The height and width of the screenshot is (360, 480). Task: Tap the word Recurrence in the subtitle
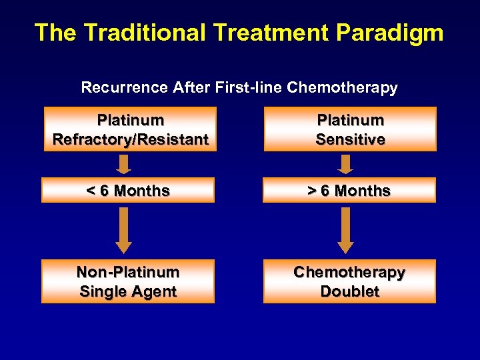pyautogui.click(x=124, y=87)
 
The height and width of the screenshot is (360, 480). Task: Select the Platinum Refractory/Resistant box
pyautogui.click(x=130, y=129)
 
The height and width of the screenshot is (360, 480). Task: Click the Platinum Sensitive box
pyautogui.click(x=350, y=129)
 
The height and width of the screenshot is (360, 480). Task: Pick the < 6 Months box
pyautogui.click(x=128, y=191)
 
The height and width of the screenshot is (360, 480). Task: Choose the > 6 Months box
pyautogui.click(x=349, y=191)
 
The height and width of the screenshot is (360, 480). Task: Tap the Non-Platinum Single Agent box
pyautogui.click(x=128, y=281)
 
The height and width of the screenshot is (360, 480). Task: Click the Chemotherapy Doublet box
pyautogui.click(x=349, y=281)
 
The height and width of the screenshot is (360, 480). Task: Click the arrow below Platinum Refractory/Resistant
pyautogui.click(x=124, y=163)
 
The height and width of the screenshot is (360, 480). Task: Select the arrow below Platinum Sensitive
pyautogui.click(x=345, y=163)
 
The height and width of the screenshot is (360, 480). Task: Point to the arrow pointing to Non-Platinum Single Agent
pyautogui.click(x=124, y=229)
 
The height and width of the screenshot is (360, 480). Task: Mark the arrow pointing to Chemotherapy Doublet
pyautogui.click(x=345, y=229)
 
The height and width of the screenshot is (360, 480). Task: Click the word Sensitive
pyautogui.click(x=350, y=139)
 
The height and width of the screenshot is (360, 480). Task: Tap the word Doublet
pyautogui.click(x=349, y=291)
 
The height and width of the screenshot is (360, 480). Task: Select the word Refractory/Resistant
pyautogui.click(x=130, y=139)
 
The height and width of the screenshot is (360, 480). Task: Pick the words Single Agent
pyautogui.click(x=128, y=291)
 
